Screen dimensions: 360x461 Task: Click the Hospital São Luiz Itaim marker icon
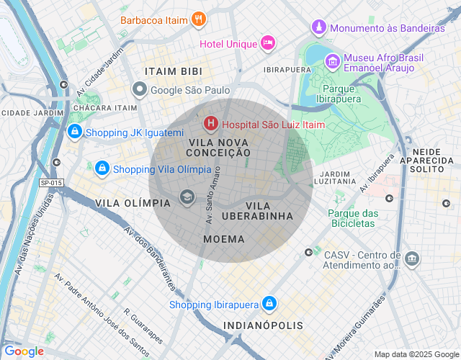[211, 124]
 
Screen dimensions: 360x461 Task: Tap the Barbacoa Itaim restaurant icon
[200, 20]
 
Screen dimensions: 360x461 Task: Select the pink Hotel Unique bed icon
[268, 44]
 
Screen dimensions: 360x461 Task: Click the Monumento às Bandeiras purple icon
[319, 28]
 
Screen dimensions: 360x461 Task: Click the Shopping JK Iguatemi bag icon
[74, 132]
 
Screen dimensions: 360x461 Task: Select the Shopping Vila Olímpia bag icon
[102, 168]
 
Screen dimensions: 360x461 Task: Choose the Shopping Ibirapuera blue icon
[269, 304]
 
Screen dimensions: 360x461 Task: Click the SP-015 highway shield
[51, 183]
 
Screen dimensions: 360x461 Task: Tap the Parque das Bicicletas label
[352, 218]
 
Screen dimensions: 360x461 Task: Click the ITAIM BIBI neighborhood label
[173, 72]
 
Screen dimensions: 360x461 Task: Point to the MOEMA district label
[224, 238]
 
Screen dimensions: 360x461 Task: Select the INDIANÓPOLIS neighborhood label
[263, 325]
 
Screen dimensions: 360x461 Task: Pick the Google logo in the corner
[24, 351]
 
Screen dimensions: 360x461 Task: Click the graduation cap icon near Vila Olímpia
[187, 197]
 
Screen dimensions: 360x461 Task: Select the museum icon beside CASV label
[411, 258]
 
